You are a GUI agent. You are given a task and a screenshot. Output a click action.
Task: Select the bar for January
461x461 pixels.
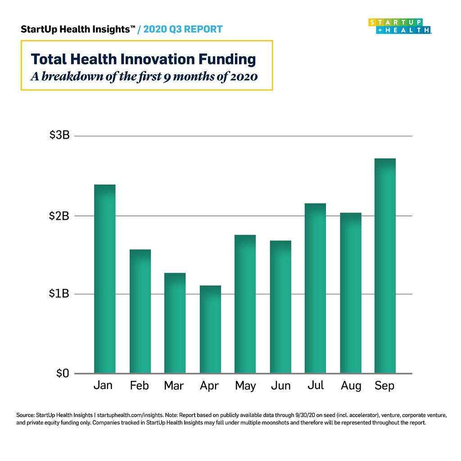click(104, 279)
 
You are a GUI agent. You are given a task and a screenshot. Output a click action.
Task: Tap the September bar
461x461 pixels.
click(385, 266)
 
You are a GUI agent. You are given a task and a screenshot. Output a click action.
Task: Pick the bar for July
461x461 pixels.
click(315, 288)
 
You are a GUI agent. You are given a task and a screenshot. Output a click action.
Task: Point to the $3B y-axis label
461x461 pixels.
click(59, 136)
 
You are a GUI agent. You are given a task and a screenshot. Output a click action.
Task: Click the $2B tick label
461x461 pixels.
click(59, 216)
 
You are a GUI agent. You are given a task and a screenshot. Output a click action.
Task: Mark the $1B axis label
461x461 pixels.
click(59, 294)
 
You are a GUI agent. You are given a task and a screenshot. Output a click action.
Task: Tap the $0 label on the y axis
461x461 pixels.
click(62, 373)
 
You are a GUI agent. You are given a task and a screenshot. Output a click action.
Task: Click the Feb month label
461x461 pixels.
click(140, 386)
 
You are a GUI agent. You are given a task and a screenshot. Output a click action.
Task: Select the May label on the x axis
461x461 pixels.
click(245, 386)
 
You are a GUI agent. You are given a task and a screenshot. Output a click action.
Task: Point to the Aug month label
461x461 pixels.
click(351, 386)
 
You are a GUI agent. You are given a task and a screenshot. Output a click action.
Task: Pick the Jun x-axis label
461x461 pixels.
click(280, 386)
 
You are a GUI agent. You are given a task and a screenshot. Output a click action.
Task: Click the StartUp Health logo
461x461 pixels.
click(400, 26)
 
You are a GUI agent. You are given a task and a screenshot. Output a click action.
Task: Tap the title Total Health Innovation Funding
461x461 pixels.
click(143, 59)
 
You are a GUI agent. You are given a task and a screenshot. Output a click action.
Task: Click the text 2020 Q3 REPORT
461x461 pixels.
click(183, 30)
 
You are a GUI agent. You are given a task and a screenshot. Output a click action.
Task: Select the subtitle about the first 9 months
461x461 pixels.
click(144, 76)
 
